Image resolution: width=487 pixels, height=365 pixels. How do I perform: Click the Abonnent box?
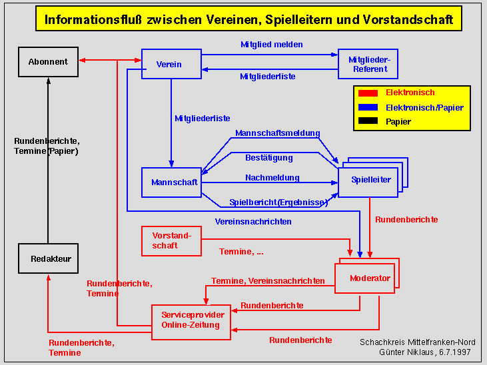pyautogui.click(x=48, y=62)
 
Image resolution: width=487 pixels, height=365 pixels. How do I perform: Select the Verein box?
pyautogui.click(x=171, y=64)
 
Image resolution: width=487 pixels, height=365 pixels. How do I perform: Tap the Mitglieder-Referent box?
pyautogui.click(x=368, y=64)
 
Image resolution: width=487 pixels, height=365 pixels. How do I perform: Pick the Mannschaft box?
pyautogui.click(x=171, y=182)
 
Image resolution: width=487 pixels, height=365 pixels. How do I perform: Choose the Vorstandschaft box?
pyautogui.click(x=171, y=240)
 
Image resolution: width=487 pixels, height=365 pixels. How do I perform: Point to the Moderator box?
pyautogui.click(x=370, y=278)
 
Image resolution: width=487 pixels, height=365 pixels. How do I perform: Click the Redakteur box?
pyautogui.click(x=49, y=259)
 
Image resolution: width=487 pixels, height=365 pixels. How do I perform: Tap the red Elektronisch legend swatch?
pyautogui.click(x=368, y=93)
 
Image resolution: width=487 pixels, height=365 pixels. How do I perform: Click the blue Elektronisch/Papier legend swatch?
pyautogui.click(x=368, y=107)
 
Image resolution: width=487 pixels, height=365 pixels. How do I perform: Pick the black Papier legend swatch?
pyautogui.click(x=368, y=121)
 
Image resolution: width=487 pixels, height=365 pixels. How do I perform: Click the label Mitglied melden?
pyautogui.click(x=272, y=45)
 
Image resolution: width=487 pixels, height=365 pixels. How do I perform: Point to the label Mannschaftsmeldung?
pyautogui.click(x=277, y=133)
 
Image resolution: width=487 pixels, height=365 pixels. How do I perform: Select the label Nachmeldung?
pyautogui.click(x=272, y=178)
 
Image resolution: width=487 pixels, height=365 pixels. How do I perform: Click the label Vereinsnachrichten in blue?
pyautogui.click(x=252, y=222)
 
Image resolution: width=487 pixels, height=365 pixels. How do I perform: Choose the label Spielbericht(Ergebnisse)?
pyautogui.click(x=278, y=202)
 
